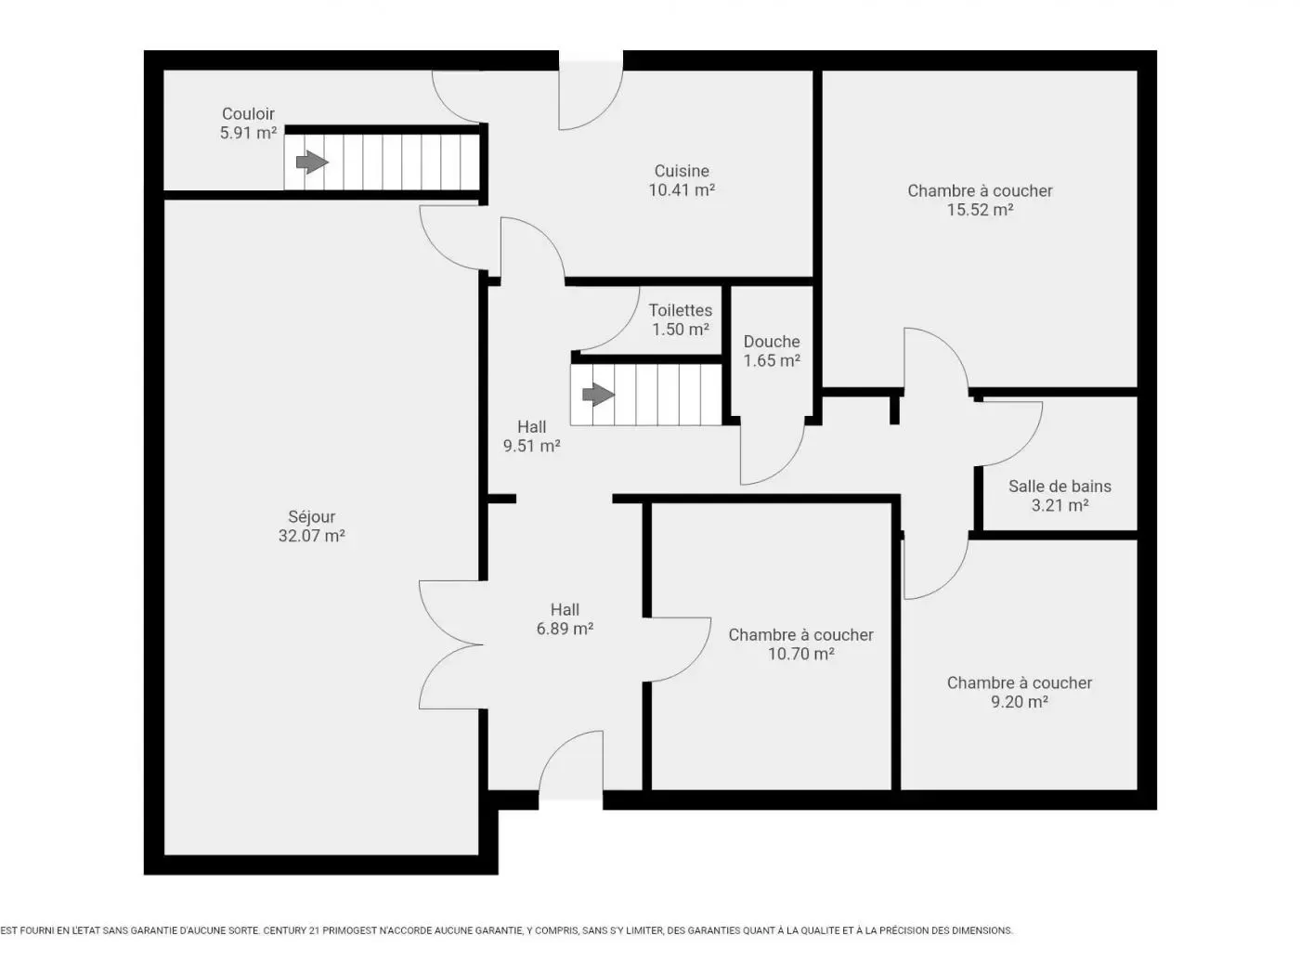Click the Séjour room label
(x=311, y=517)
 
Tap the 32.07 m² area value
(x=311, y=537)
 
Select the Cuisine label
(x=681, y=171)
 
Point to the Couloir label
(x=248, y=113)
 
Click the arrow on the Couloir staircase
(x=312, y=162)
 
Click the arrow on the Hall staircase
(x=598, y=395)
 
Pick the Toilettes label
(x=680, y=310)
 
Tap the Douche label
(x=772, y=342)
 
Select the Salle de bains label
(x=1059, y=487)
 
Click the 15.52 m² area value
(x=980, y=210)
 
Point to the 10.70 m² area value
(x=800, y=654)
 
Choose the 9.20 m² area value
(x=1020, y=702)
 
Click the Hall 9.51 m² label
(x=531, y=436)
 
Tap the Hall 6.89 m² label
(x=565, y=619)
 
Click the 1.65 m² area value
(x=772, y=360)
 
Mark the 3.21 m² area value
(x=1059, y=505)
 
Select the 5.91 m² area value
(x=248, y=133)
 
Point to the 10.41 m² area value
(x=681, y=190)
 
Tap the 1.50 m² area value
(x=680, y=330)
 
